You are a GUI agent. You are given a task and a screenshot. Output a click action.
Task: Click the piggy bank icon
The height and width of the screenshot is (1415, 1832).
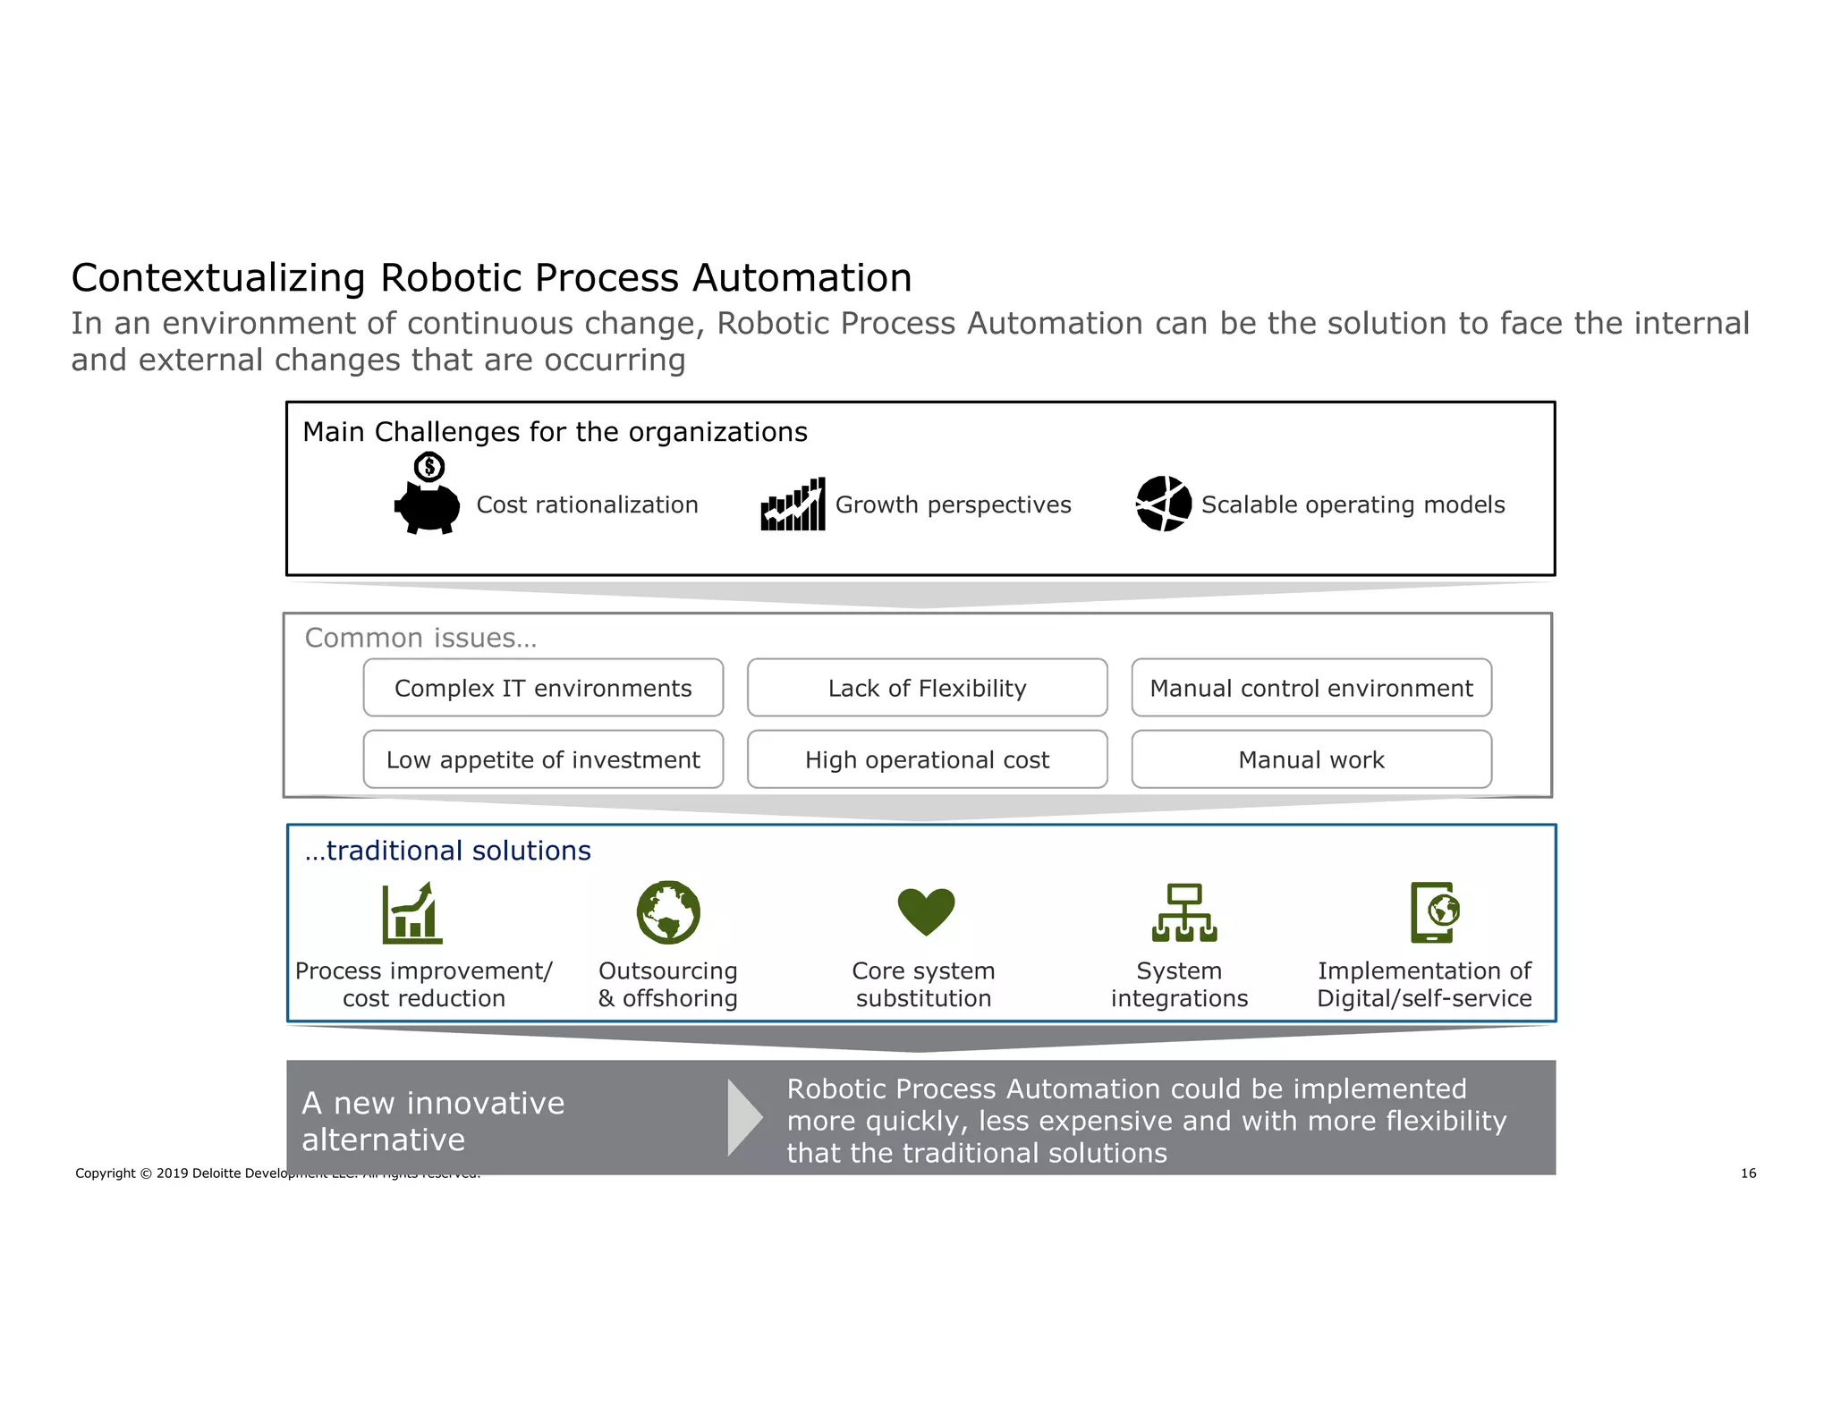428,508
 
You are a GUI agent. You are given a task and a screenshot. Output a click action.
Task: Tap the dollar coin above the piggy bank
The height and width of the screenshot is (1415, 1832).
429,466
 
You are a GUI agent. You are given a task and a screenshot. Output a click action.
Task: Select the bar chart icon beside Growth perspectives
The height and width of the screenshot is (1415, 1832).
793,504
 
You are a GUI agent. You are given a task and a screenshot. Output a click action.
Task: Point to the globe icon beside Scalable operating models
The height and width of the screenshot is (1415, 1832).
1163,504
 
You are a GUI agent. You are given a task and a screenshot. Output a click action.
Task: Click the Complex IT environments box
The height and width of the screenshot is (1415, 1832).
543,688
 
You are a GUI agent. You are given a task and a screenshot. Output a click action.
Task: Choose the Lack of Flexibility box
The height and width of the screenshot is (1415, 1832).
927,688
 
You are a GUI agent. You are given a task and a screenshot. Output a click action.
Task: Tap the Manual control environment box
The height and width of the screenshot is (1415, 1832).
1310,688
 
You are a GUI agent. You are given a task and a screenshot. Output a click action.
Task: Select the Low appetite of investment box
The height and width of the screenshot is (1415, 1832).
543,759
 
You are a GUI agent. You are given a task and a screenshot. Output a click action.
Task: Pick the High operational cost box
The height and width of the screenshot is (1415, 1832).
927,759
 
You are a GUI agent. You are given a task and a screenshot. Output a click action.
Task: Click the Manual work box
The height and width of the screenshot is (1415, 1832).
1310,759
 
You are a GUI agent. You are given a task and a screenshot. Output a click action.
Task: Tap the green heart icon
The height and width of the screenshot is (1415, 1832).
926,911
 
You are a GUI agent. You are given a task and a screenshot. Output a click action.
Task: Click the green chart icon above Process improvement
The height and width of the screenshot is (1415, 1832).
411,913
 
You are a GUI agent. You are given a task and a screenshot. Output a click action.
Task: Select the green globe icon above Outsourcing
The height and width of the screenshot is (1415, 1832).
668,912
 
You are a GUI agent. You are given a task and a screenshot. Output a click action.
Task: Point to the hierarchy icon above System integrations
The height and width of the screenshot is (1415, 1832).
1184,913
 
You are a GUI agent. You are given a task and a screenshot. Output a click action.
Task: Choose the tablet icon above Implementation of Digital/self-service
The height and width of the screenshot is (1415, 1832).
1434,912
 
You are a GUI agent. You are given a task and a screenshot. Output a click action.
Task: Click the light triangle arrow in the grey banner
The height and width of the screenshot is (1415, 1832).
743,1118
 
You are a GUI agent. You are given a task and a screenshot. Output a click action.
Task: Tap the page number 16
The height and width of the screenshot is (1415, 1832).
1748,1173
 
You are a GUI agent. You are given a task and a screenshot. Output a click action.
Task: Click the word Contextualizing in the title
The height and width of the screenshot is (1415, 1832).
218,278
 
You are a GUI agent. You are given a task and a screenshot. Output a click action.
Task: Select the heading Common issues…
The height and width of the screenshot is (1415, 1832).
420,638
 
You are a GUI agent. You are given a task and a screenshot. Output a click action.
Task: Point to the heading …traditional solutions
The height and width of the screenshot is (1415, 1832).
447,851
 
